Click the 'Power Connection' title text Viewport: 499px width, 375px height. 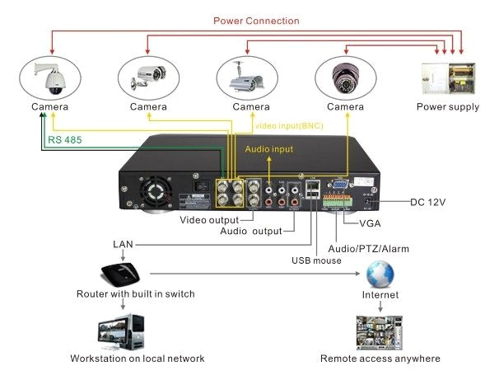pyautogui.click(x=256, y=21)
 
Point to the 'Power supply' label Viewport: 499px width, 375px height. pyautogui.click(x=447, y=107)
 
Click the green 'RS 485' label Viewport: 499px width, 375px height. pyautogui.click(x=65, y=140)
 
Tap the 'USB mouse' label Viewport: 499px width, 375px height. pyautogui.click(x=315, y=261)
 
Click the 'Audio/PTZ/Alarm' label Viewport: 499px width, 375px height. pyautogui.click(x=368, y=248)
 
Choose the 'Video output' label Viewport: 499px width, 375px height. pyautogui.click(x=210, y=220)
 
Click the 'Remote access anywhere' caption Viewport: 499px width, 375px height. pyautogui.click(x=380, y=359)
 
